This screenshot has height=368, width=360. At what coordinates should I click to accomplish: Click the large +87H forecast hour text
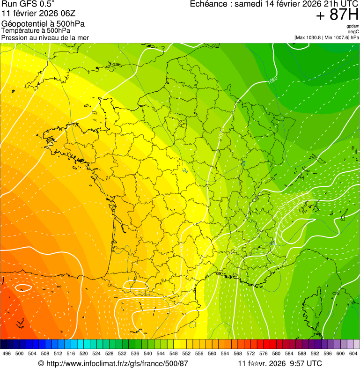(337, 15)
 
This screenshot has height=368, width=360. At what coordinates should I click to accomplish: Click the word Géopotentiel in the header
(23, 24)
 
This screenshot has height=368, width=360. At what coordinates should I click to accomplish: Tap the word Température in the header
(21, 31)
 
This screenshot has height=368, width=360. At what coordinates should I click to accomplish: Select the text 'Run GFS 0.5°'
(28, 4)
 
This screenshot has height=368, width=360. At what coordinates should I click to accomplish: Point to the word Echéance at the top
(210, 4)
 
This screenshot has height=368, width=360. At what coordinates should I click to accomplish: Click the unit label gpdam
(353, 26)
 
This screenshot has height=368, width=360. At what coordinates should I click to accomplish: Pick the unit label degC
(353, 31)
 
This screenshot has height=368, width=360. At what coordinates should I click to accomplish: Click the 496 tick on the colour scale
(7, 353)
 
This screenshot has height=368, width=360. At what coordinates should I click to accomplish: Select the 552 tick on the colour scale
(186, 353)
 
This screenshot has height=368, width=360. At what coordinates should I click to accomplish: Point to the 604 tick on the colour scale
(353, 353)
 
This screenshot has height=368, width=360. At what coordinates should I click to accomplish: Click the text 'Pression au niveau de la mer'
(45, 37)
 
